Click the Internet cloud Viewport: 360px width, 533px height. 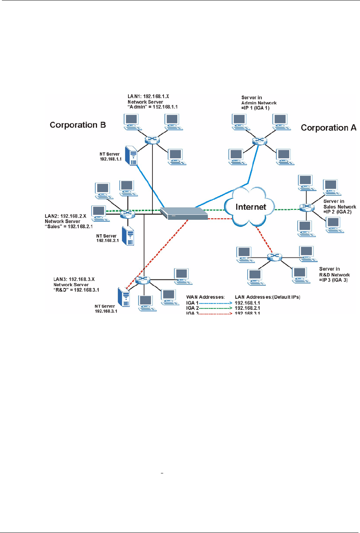[250, 207]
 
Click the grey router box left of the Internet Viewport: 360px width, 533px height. [183, 213]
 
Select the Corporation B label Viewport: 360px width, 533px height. [78, 125]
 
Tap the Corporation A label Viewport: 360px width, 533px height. [328, 128]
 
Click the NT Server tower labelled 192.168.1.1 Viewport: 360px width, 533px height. [131, 156]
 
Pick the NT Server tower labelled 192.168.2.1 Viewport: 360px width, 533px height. [128, 236]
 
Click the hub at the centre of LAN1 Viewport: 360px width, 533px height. [152, 139]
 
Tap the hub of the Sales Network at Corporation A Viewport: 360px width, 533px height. [306, 207]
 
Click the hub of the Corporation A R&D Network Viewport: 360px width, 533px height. [274, 257]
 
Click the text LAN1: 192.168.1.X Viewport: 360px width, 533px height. [148, 97]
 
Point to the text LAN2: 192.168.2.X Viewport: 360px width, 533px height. [65, 216]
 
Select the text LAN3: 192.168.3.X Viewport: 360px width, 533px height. [74, 279]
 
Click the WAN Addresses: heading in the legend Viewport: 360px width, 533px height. [205, 297]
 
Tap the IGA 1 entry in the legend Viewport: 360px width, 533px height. [192, 303]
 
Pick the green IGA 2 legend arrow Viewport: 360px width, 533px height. [216, 308]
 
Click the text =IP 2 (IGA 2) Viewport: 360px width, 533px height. [337, 212]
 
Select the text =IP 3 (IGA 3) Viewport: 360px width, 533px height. [333, 280]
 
